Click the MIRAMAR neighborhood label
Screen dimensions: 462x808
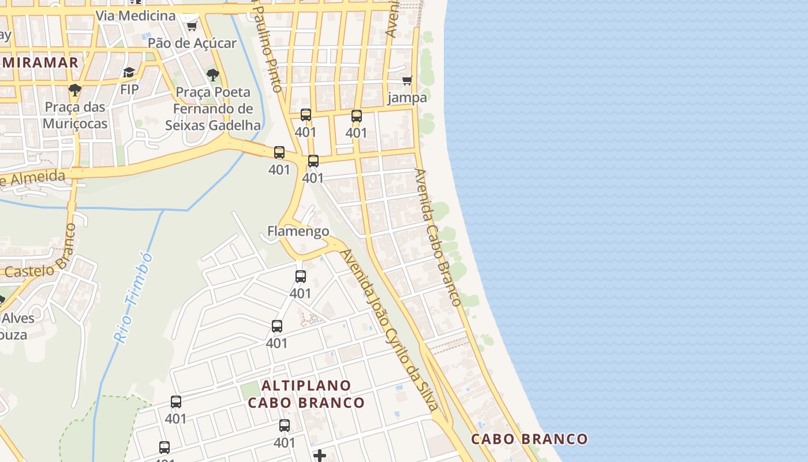click(39, 62)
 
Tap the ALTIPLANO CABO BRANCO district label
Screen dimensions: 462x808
click(306, 394)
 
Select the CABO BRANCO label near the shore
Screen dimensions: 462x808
click(529, 439)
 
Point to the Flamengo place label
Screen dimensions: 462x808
click(298, 232)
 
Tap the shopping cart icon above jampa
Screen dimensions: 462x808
click(407, 80)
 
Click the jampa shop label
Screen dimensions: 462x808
click(407, 97)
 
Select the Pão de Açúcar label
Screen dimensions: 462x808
click(192, 43)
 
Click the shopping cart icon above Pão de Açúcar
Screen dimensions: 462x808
click(192, 26)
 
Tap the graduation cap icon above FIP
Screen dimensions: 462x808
click(129, 73)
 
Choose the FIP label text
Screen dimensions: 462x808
click(129, 90)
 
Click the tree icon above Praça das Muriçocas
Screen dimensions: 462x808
click(74, 90)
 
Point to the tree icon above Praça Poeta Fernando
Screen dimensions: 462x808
click(212, 74)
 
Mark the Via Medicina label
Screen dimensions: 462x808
click(135, 16)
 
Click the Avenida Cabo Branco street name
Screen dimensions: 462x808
click(438, 237)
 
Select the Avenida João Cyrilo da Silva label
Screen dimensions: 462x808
click(390, 329)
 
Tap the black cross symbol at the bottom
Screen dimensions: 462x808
click(320, 456)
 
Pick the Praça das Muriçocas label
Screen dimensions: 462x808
click(75, 115)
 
